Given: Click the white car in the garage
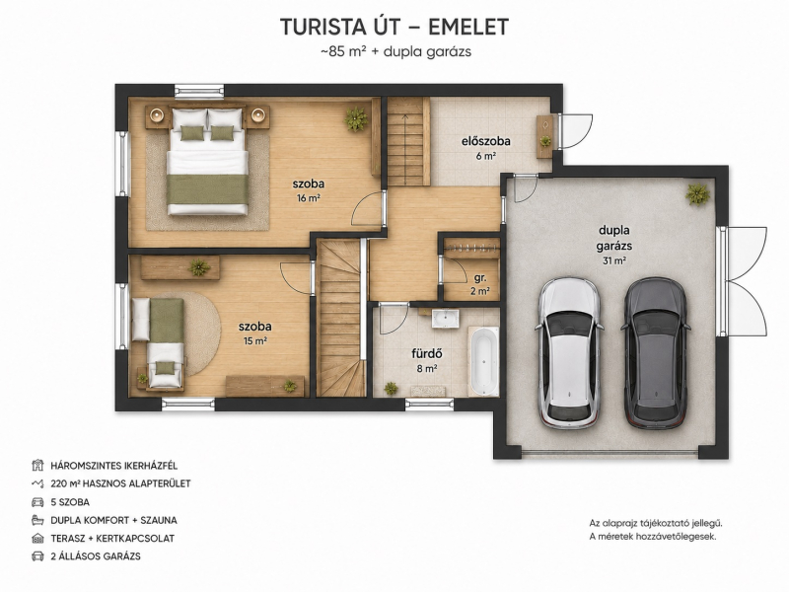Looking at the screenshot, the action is pyautogui.click(x=569, y=353).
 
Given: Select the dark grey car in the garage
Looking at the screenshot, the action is pyautogui.click(x=655, y=353).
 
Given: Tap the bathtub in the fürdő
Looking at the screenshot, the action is pyautogui.click(x=483, y=360).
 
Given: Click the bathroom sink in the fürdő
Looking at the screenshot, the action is pyautogui.click(x=445, y=319).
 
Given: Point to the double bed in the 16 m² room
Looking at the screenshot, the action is pyautogui.click(x=208, y=161).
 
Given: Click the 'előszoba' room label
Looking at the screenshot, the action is pyautogui.click(x=485, y=141).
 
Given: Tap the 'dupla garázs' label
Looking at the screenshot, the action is pyautogui.click(x=613, y=238).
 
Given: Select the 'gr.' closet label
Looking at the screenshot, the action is pyautogui.click(x=480, y=278).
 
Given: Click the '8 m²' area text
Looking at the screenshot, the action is pyautogui.click(x=426, y=368).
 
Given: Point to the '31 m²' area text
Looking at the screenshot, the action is pyautogui.click(x=613, y=260).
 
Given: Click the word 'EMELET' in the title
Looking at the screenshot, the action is pyautogui.click(x=468, y=28).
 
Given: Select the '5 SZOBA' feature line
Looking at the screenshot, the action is pyautogui.click(x=70, y=502).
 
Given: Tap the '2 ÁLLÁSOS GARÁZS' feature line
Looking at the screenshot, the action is pyautogui.click(x=96, y=556).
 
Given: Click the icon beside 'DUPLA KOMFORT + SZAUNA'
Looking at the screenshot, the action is pyautogui.click(x=37, y=520).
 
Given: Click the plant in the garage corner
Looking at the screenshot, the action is pyautogui.click(x=698, y=193).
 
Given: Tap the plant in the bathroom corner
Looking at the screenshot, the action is pyautogui.click(x=391, y=388).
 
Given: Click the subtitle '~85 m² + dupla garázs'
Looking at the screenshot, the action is pyautogui.click(x=395, y=52).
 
